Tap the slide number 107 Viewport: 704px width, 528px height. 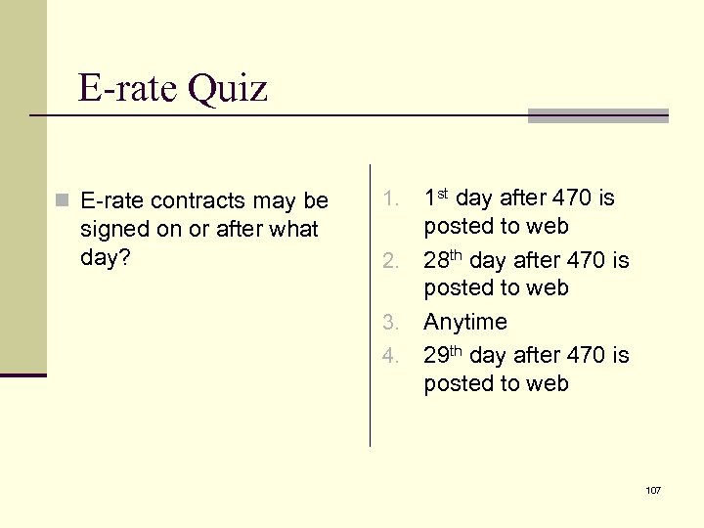click(653, 489)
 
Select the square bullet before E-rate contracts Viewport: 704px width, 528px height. click(63, 201)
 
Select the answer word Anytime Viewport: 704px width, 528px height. click(465, 322)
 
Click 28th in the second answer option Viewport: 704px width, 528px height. click(443, 260)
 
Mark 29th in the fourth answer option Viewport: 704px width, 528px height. click(443, 354)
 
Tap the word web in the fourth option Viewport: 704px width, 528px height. click(548, 384)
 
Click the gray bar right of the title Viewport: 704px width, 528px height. click(597, 115)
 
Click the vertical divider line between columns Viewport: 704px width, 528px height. click(370, 303)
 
